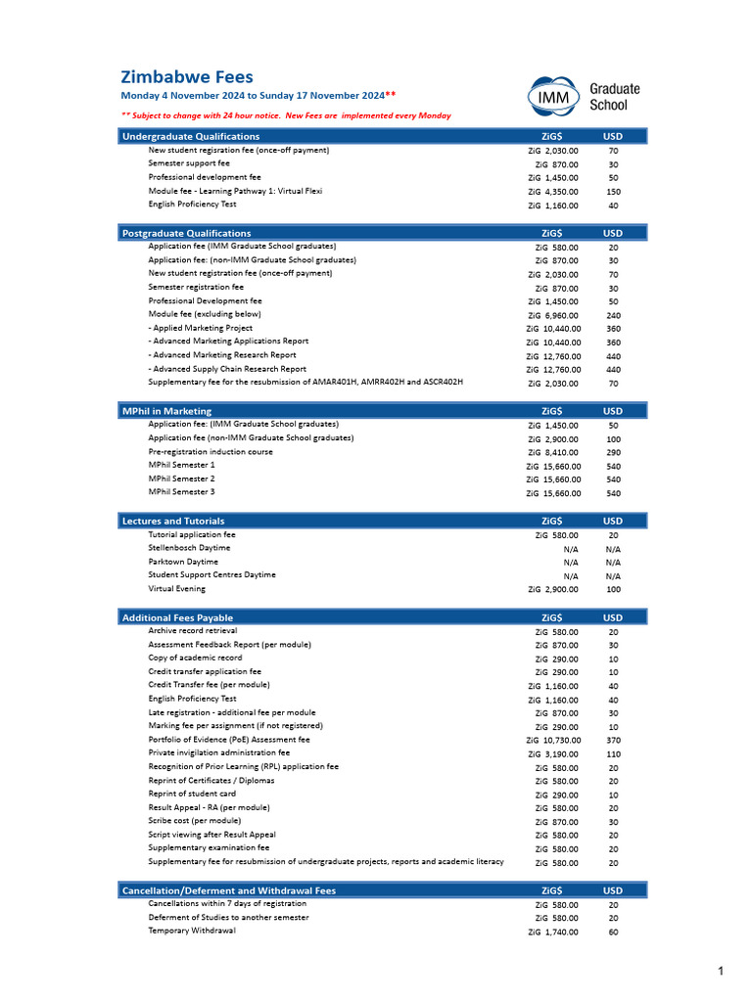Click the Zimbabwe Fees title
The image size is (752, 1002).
pos(186,76)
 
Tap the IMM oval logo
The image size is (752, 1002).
pos(554,96)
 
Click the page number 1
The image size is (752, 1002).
pos(720,971)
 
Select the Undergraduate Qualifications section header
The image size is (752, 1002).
pos(191,136)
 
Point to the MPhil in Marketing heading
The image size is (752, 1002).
pos(166,411)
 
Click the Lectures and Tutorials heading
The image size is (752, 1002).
pos(173,521)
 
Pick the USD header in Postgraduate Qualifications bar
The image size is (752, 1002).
pos(612,233)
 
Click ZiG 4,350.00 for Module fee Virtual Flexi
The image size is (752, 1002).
pos(553,192)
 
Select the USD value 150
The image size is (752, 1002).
pos(613,192)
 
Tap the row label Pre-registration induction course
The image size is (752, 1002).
pos(211,452)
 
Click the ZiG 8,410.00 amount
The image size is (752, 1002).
pos(553,453)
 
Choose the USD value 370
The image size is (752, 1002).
pos(613,741)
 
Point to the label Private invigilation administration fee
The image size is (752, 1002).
pos(218,753)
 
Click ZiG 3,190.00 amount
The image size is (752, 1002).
pos(553,754)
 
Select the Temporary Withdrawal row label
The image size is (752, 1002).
pos(192,931)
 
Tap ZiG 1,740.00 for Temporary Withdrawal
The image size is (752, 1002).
pos(553,933)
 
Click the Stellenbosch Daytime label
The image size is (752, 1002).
pos(190,548)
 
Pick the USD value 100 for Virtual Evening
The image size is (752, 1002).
pos(613,590)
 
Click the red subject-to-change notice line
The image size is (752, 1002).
pos(286,115)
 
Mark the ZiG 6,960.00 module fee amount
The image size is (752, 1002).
pos(553,316)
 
